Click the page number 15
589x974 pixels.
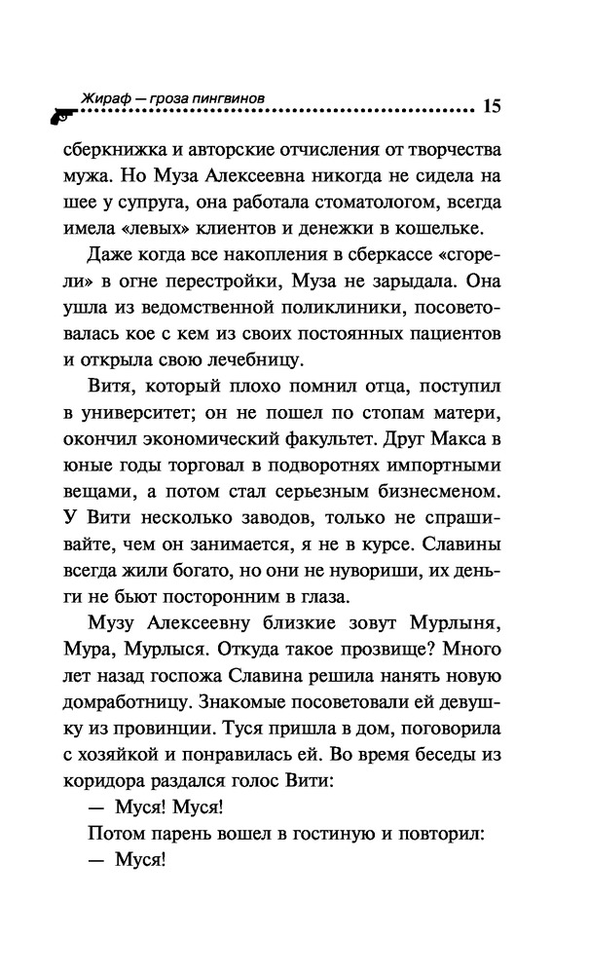490,106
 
